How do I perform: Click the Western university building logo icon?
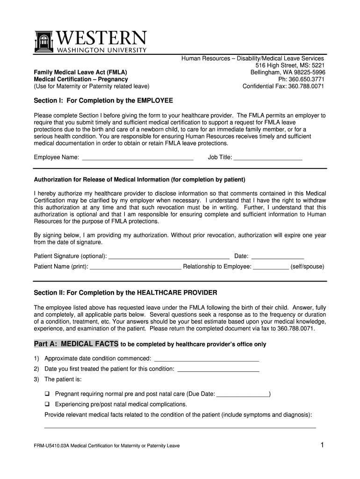point(44,42)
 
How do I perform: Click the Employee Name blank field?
point(137,158)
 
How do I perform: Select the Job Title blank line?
point(267,158)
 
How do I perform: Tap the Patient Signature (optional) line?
point(169,257)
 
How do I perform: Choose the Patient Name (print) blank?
point(135,268)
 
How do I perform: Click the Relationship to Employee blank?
point(271,268)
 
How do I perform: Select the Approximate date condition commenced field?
point(206,359)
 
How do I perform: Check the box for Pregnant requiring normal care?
point(47,394)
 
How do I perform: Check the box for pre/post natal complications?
point(47,404)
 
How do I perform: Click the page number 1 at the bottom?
point(322,445)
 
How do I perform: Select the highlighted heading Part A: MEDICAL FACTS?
point(76,344)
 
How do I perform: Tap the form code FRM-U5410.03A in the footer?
point(51,446)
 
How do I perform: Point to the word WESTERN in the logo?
point(101,38)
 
